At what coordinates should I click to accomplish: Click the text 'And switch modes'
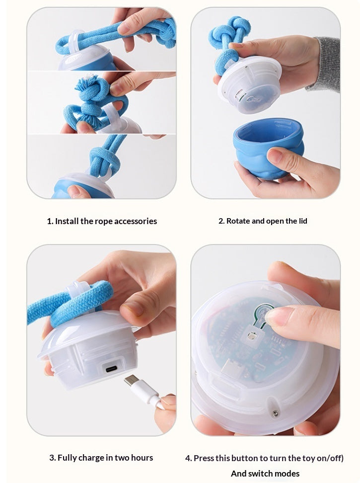265,473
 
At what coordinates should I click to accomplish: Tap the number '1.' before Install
50,221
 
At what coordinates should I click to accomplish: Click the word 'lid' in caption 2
302,221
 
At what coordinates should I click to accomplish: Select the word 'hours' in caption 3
141,458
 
